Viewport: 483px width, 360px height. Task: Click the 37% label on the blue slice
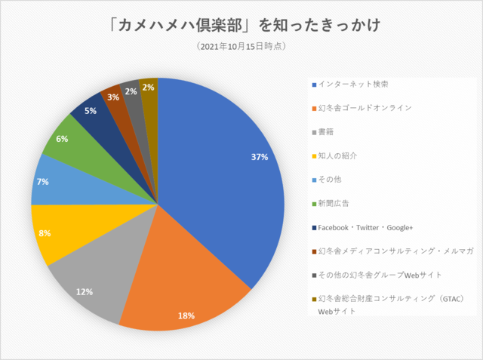pos(260,157)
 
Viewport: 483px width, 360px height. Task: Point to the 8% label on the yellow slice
pos(45,234)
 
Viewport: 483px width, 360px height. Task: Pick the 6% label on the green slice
pos(62,139)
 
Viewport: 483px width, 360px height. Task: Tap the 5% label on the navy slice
pos(91,111)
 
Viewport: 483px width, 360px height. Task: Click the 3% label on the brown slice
pos(112,97)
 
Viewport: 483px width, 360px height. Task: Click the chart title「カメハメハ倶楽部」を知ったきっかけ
pos(241,25)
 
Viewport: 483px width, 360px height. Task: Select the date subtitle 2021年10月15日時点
pos(241,47)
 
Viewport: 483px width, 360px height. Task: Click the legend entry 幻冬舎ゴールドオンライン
pos(365,107)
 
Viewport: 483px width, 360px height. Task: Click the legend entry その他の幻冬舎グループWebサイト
pos(380,275)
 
